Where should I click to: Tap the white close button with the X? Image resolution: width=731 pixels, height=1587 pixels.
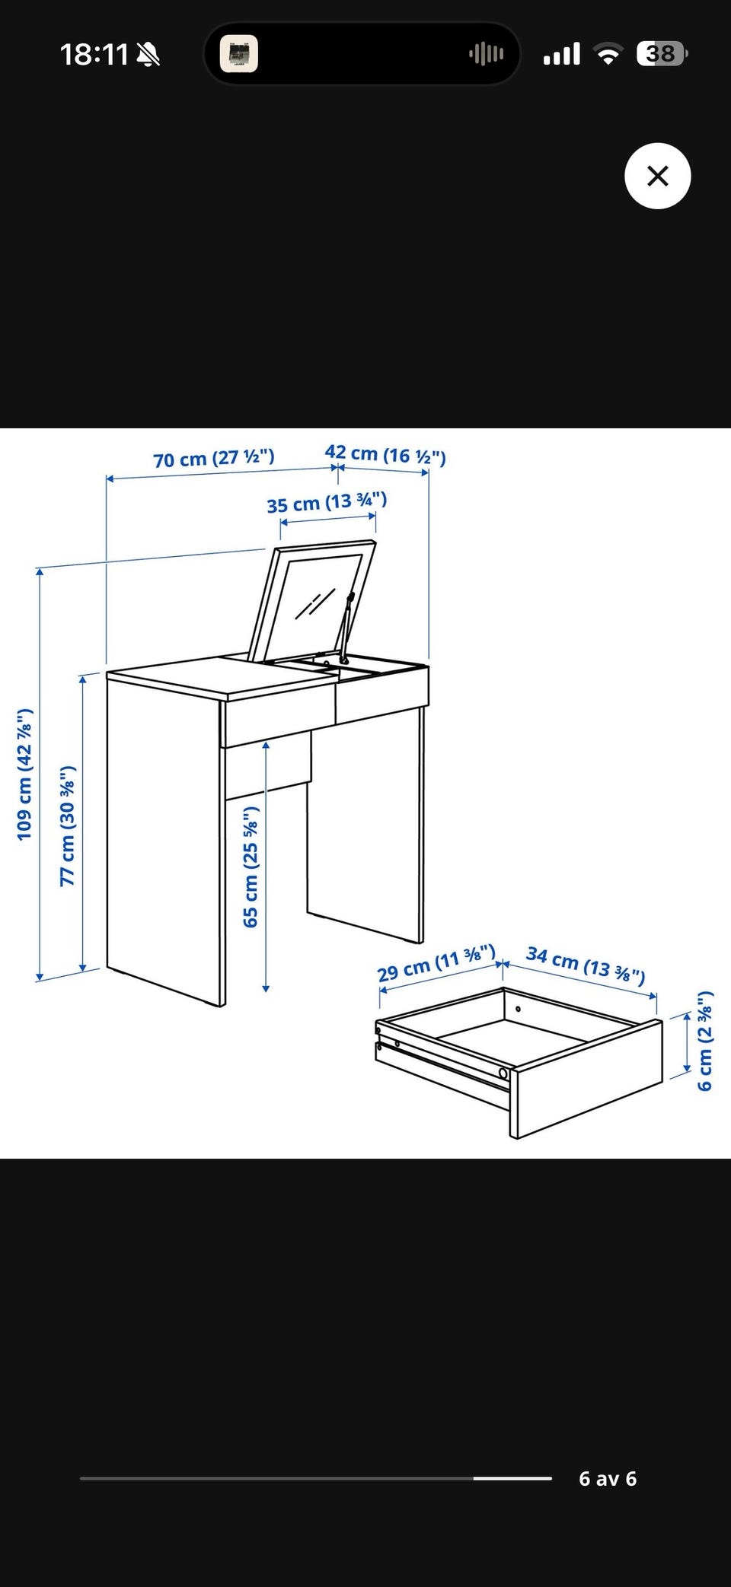click(x=657, y=176)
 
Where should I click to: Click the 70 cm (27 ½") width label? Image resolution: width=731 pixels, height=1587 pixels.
click(x=214, y=458)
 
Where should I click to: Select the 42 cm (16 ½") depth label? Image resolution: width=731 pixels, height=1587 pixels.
click(x=385, y=454)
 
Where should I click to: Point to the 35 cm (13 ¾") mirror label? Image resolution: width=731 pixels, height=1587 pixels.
click(x=327, y=502)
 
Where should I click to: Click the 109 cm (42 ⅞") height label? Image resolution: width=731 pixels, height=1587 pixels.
click(x=25, y=774)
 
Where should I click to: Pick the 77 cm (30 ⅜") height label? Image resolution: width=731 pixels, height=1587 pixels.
click(x=69, y=825)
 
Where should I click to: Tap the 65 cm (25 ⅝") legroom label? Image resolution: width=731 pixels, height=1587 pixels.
click(x=251, y=867)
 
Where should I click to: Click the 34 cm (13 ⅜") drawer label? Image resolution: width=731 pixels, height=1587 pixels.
click(x=586, y=965)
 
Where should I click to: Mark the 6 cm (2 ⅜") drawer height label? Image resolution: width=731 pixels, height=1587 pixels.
click(x=705, y=1040)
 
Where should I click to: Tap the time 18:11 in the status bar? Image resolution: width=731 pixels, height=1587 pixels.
click(x=94, y=54)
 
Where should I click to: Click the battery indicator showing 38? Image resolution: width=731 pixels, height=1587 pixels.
click(x=662, y=53)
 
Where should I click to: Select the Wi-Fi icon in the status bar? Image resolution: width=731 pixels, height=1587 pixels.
click(x=608, y=54)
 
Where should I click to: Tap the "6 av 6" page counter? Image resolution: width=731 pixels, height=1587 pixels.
click(x=608, y=1478)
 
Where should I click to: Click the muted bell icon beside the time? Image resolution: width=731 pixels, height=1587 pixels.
click(x=148, y=54)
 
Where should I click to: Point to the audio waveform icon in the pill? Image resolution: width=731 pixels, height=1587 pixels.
click(x=487, y=53)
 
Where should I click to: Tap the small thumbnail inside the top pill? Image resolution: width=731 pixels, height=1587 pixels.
click(x=239, y=54)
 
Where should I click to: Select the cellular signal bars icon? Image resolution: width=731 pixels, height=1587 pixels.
click(x=562, y=54)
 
